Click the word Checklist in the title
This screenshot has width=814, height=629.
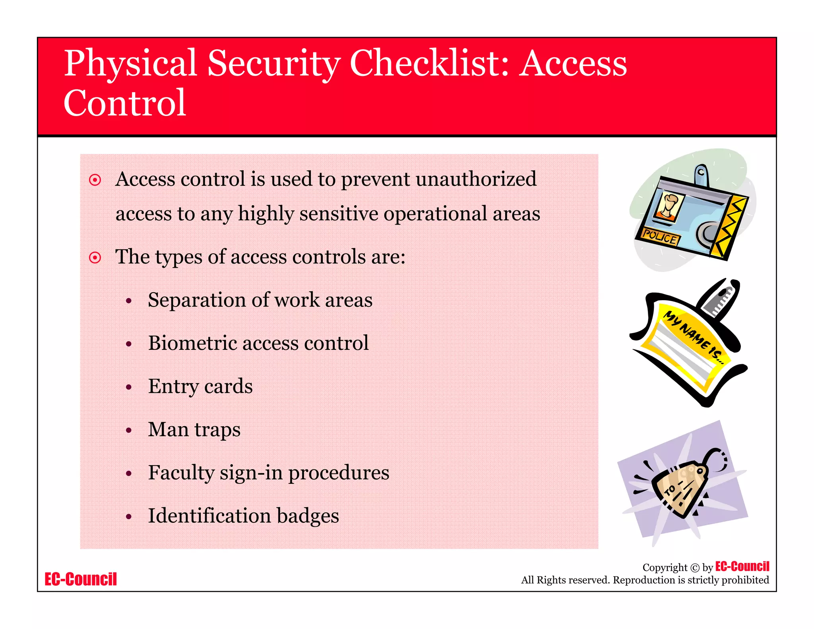click(x=429, y=64)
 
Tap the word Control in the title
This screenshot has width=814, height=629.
click(x=125, y=103)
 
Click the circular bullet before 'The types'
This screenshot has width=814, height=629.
click(x=95, y=258)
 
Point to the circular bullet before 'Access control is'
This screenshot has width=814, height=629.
click(x=95, y=180)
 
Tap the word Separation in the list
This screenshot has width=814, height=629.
click(x=197, y=300)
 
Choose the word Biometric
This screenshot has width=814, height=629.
click(x=192, y=343)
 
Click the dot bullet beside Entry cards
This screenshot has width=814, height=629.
click(x=128, y=387)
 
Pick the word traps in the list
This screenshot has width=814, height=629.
click(x=217, y=430)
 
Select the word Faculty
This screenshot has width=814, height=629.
click(x=181, y=473)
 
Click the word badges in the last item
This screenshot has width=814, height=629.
click(x=308, y=516)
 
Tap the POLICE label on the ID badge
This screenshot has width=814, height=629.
click(x=659, y=237)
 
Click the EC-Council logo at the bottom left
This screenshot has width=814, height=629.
click(x=81, y=579)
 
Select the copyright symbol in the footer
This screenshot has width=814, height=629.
click(x=695, y=568)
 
